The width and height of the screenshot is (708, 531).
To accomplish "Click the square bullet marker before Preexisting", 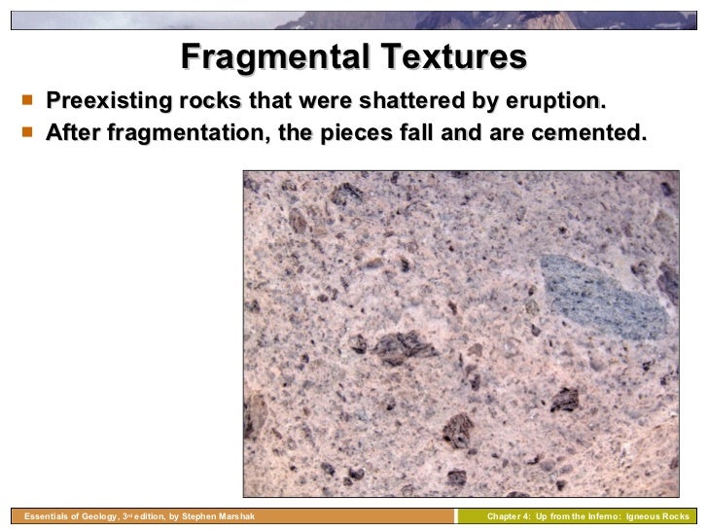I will tap(25, 100).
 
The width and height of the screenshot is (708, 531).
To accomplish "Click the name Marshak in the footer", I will tap(233, 516).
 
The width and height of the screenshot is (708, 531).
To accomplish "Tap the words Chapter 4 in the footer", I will tap(509, 516).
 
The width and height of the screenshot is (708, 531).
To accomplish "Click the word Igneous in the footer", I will tap(648, 516).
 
